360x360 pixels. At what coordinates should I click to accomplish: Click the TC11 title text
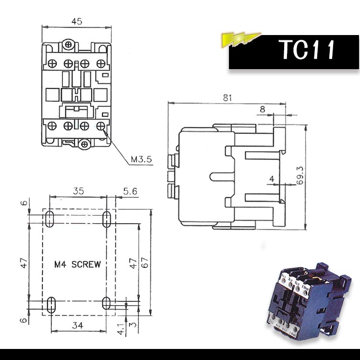click(x=307, y=50)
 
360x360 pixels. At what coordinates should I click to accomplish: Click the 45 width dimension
click(x=77, y=21)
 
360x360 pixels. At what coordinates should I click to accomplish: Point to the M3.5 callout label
click(x=141, y=159)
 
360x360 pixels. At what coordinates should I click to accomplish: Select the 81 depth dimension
click(x=228, y=98)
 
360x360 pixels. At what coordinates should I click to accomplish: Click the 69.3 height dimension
click(x=300, y=176)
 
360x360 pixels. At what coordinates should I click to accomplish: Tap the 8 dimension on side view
click(x=263, y=109)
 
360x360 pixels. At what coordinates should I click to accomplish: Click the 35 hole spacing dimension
click(x=78, y=191)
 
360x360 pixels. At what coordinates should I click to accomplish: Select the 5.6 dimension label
click(x=130, y=191)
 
